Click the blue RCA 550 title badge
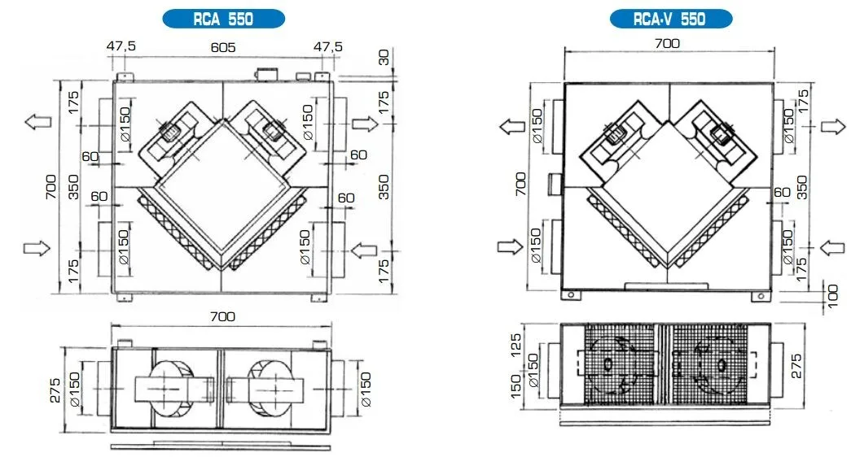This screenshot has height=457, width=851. point(224,19)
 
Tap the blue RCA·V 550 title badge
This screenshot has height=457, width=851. point(671,19)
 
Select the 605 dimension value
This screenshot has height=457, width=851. point(223,48)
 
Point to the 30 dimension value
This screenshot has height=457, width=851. point(384,57)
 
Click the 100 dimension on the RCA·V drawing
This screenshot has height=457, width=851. point(832,296)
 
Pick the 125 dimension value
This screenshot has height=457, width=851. point(515,345)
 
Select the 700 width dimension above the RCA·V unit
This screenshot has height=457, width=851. point(667,43)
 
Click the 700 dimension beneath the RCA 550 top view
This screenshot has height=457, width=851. point(222,316)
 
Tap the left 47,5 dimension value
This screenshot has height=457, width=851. point(121,46)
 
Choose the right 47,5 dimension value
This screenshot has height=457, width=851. point(328,46)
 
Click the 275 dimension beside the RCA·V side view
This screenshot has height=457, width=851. point(796,366)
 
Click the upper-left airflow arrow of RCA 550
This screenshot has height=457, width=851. point(38,121)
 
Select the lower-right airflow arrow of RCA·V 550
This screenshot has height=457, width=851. point(832,248)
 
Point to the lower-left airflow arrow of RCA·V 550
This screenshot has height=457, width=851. point(510,246)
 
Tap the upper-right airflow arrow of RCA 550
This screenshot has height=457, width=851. point(365,124)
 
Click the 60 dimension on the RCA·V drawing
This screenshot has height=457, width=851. point(782,193)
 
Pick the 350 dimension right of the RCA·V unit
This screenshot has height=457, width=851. point(801,187)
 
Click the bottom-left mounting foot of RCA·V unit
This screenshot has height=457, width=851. point(571,295)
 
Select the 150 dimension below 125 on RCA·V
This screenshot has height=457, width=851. point(515,385)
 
